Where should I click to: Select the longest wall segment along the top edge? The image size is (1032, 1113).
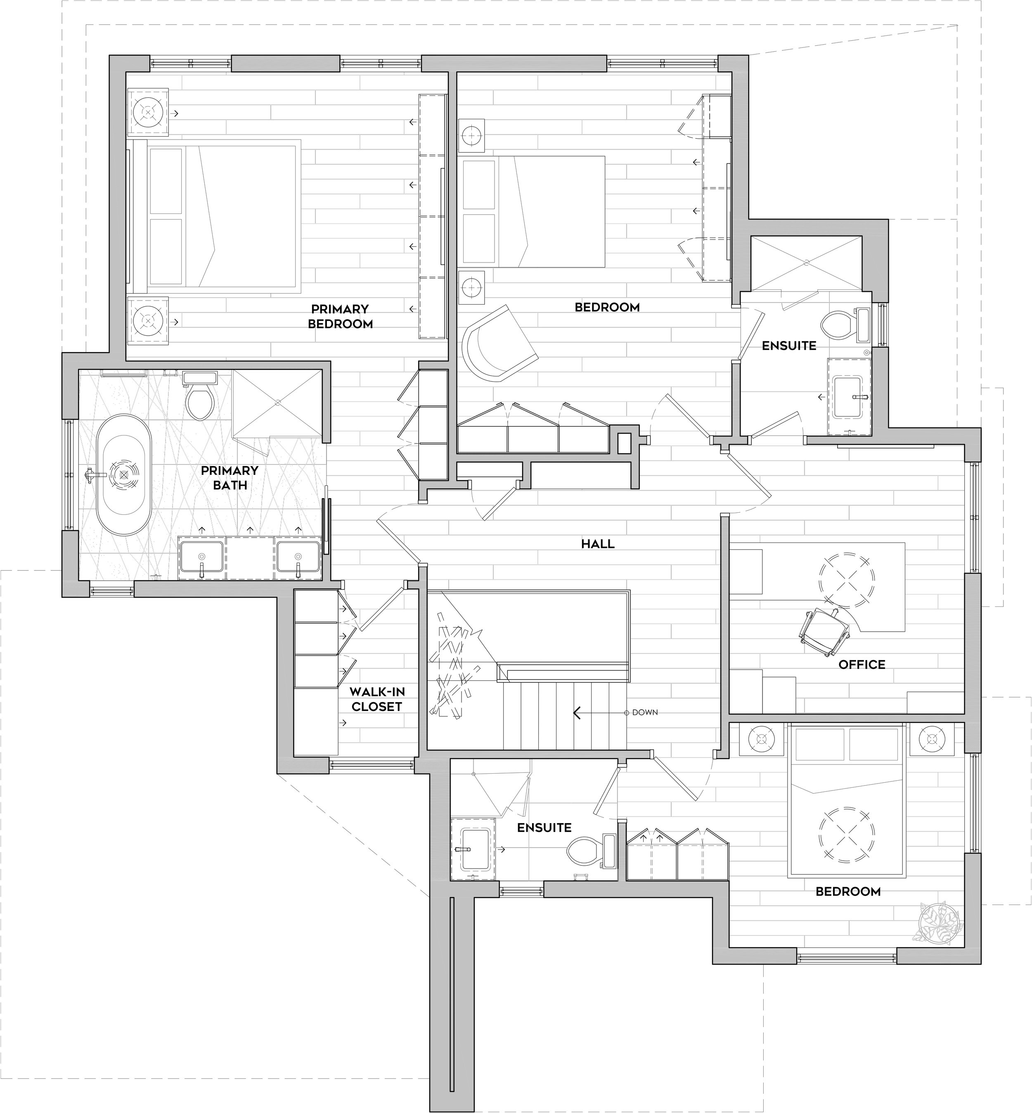tap(514, 63)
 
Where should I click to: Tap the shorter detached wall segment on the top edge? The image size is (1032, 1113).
tap(285, 63)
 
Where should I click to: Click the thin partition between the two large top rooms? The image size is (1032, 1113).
tap(453, 263)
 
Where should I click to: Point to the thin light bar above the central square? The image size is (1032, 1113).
tap(497, 547)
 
